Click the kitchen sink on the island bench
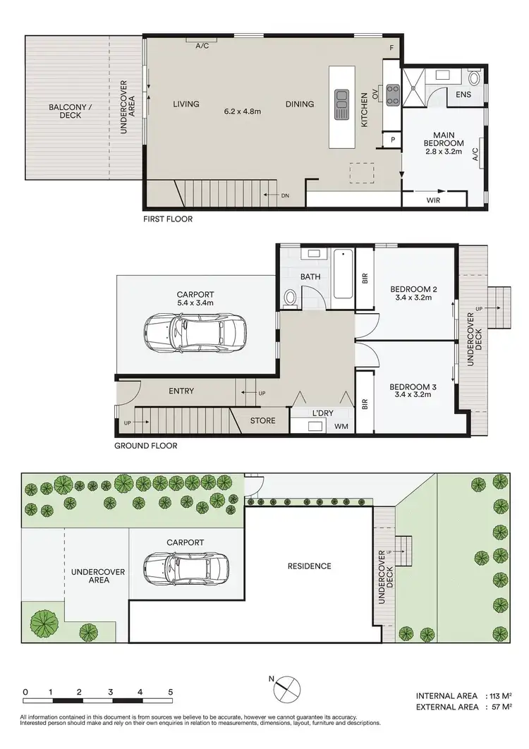pyautogui.click(x=342, y=104)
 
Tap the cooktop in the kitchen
pyautogui.click(x=393, y=93)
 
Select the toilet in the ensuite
pyautogui.click(x=474, y=78)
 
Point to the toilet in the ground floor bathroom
pyautogui.click(x=289, y=298)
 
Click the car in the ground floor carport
pyautogui.click(x=191, y=332)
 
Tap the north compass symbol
pyautogui.click(x=288, y=686)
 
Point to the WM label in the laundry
pyautogui.click(x=341, y=425)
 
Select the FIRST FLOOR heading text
pyautogui.click(x=167, y=219)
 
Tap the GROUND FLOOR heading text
pyautogui.click(x=146, y=446)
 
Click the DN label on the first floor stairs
pyautogui.click(x=284, y=195)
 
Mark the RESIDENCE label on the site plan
pyautogui.click(x=309, y=566)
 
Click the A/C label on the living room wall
pyautogui.click(x=202, y=46)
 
